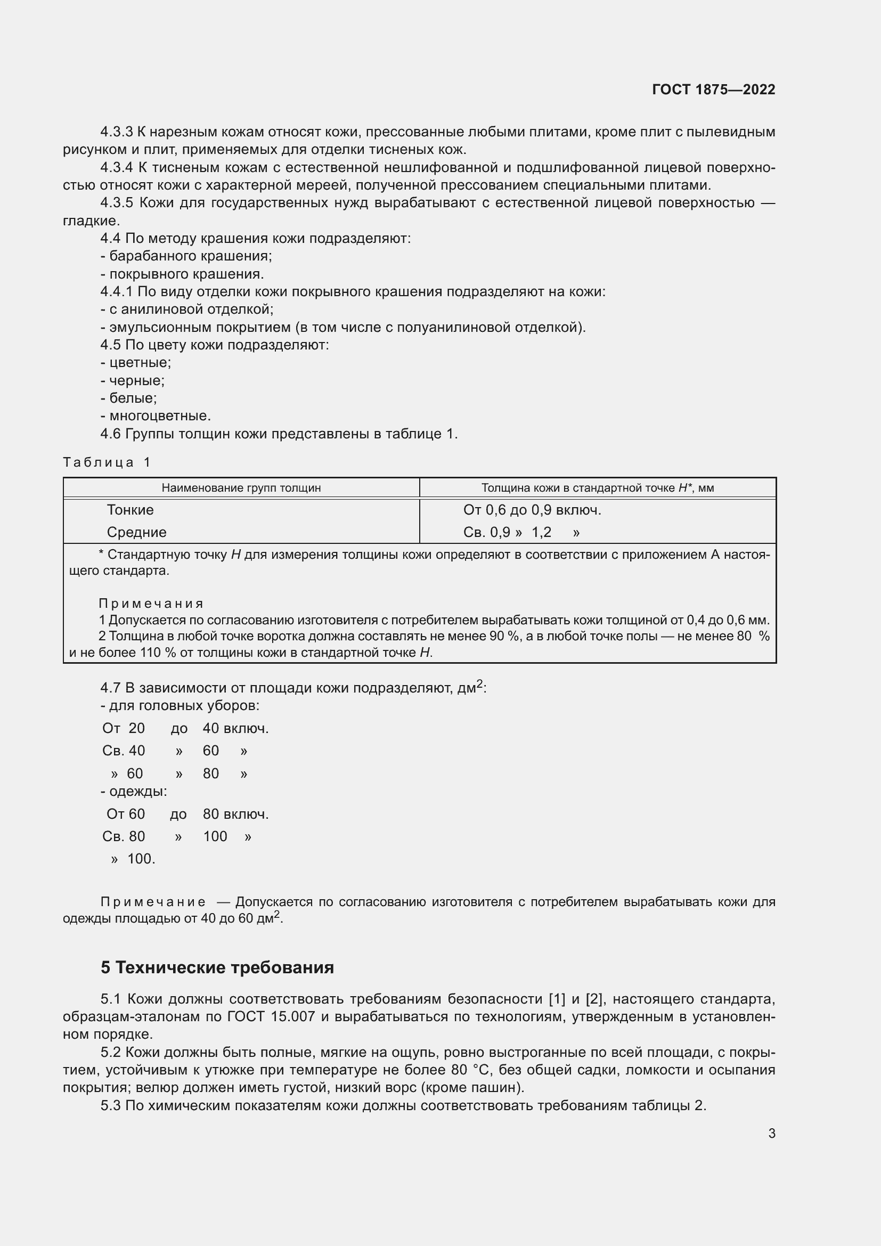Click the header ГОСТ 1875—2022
pos(713,89)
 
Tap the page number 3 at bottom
pos(771,1133)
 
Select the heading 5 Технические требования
pos(217,967)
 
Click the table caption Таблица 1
pos(107,462)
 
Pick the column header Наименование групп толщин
pos(241,488)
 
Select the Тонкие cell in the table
pos(130,510)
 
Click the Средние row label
pos(136,532)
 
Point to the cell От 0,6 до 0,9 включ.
pos(532,510)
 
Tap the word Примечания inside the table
pos(151,604)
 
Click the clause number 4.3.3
pos(116,132)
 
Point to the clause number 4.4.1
pos(116,292)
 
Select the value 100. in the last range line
pos(141,859)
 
